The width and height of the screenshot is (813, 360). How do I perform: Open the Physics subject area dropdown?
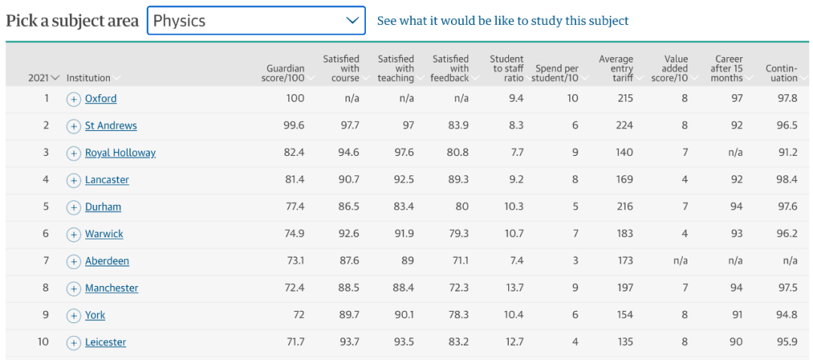(256, 20)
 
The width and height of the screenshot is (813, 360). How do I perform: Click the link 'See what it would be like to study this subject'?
(502, 21)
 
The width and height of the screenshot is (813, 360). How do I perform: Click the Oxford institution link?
(100, 99)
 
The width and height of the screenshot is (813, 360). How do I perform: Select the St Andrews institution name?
(111, 126)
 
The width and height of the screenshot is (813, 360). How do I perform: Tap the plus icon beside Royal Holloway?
(74, 153)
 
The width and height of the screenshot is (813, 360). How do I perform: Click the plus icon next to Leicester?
(74, 343)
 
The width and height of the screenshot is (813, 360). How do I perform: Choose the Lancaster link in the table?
(107, 180)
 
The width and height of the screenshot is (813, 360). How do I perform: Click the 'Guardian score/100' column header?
(285, 73)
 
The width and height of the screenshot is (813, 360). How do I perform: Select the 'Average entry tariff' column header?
(616, 69)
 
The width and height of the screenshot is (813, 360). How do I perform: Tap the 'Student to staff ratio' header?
(507, 69)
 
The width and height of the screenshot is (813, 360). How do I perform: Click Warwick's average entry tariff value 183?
(624, 234)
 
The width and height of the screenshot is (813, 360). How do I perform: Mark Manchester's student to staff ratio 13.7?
(514, 288)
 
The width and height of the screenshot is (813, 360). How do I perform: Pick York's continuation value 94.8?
(787, 316)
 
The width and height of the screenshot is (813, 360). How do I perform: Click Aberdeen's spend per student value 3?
(574, 261)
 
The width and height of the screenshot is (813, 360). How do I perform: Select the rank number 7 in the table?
(46, 261)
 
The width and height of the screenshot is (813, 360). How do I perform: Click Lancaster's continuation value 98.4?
(787, 180)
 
